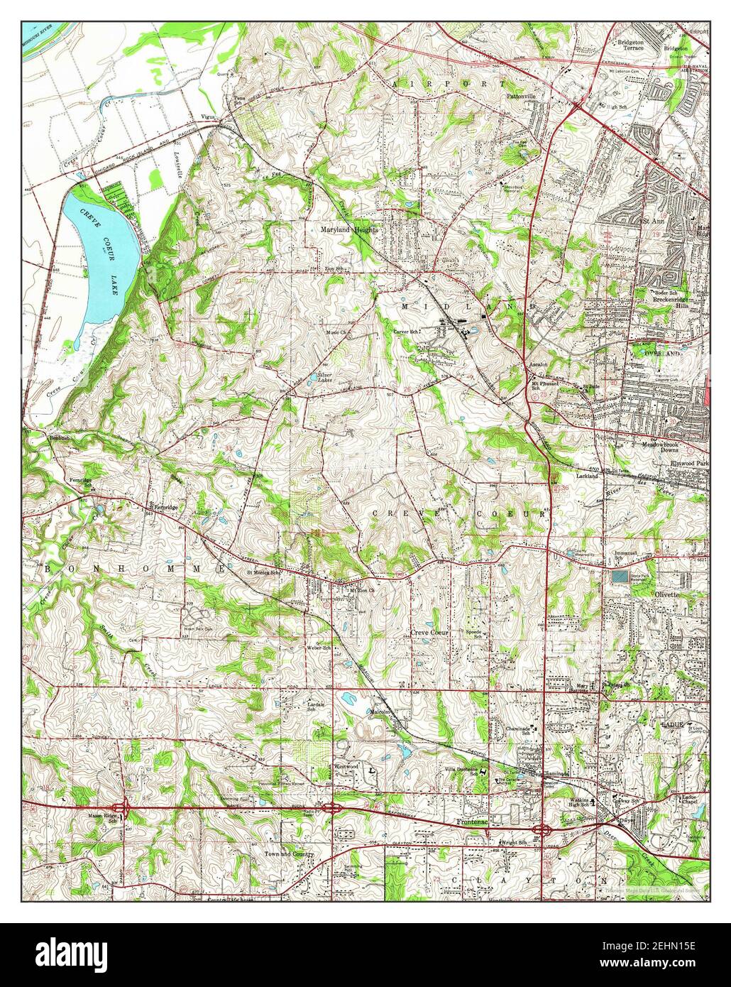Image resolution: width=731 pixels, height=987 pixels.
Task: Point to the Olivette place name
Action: pos(669,589)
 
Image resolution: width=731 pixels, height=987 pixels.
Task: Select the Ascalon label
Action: pos(537,364)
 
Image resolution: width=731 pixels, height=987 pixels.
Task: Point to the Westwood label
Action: pos(346,767)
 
